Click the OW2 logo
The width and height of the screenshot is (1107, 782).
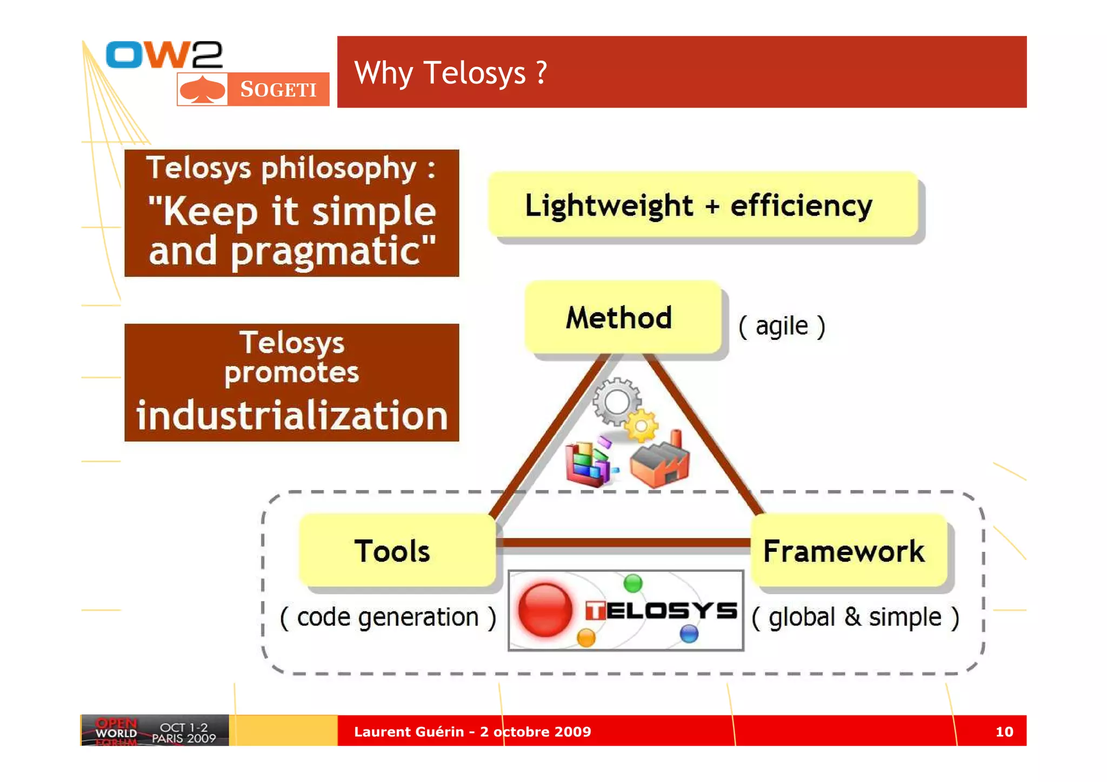[x=164, y=55]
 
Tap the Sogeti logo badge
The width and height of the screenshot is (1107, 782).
[x=253, y=89]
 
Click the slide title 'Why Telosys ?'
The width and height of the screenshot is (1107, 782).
[x=450, y=73]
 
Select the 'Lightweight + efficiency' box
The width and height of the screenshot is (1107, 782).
[x=703, y=205]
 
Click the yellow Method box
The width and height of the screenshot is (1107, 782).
[x=622, y=317]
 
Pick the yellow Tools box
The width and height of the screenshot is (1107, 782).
[x=397, y=550]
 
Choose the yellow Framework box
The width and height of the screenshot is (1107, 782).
[x=848, y=550]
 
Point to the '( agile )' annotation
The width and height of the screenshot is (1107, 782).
[x=782, y=326]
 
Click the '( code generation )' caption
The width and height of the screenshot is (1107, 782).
[x=388, y=617]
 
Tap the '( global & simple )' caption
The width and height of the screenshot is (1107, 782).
[x=855, y=617]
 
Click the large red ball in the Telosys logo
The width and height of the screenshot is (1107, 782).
[x=545, y=610]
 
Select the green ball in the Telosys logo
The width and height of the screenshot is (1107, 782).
[x=632, y=583]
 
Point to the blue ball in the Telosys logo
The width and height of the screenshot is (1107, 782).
[x=689, y=633]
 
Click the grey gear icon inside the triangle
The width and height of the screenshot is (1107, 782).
[x=617, y=402]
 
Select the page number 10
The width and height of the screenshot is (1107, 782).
[x=1004, y=732]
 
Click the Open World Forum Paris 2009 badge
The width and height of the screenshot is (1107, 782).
[x=155, y=731]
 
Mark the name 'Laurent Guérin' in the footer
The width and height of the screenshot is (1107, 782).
[x=409, y=732]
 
